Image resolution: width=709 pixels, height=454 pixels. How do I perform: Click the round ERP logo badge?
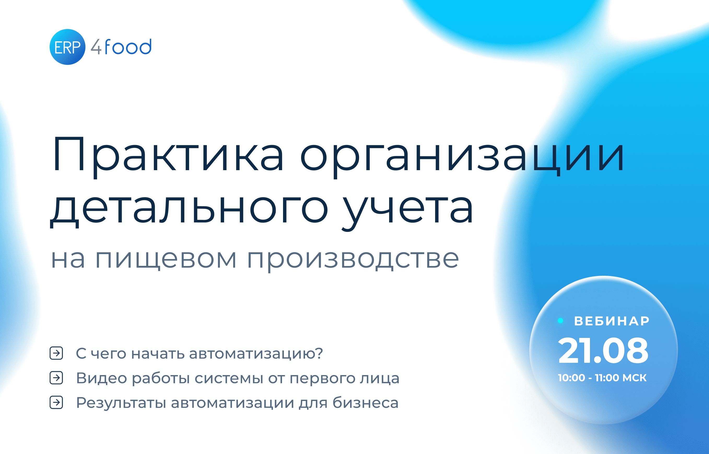point(67,47)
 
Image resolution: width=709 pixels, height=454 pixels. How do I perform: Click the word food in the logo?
point(128,47)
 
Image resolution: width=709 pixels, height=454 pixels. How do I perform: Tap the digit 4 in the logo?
point(96,47)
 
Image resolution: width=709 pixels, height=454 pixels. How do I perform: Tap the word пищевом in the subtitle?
point(166,260)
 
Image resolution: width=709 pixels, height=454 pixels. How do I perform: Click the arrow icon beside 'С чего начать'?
point(56,353)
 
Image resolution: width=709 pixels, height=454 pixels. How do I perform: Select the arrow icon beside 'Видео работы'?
point(56,378)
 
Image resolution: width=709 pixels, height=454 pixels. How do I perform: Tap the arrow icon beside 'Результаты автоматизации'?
point(56,403)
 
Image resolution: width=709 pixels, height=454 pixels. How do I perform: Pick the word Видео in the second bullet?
point(101,378)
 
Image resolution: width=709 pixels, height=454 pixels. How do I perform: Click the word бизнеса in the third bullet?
point(365,403)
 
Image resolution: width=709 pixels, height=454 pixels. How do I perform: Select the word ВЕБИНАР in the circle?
point(612,321)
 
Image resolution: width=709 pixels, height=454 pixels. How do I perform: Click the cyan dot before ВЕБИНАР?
point(561,321)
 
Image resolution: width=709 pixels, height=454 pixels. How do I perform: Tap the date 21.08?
point(603,350)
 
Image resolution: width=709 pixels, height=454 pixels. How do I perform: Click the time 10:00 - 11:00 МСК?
point(602,378)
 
